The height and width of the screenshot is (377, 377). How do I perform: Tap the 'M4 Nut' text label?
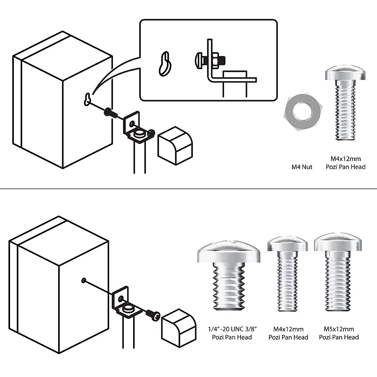(302, 167)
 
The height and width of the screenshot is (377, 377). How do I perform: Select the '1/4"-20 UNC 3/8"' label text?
(233, 329)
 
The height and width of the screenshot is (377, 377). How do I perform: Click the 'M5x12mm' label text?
(339, 329)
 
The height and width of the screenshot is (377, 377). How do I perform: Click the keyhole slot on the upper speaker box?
(87, 99)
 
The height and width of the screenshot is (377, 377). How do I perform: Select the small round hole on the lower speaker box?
(84, 280)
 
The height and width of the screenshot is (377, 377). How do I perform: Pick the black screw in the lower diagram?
(153, 314)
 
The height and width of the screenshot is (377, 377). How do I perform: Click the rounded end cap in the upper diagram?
(175, 145)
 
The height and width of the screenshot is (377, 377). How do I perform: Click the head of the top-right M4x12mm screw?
(345, 73)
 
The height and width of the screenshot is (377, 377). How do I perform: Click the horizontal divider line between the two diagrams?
(188, 189)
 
